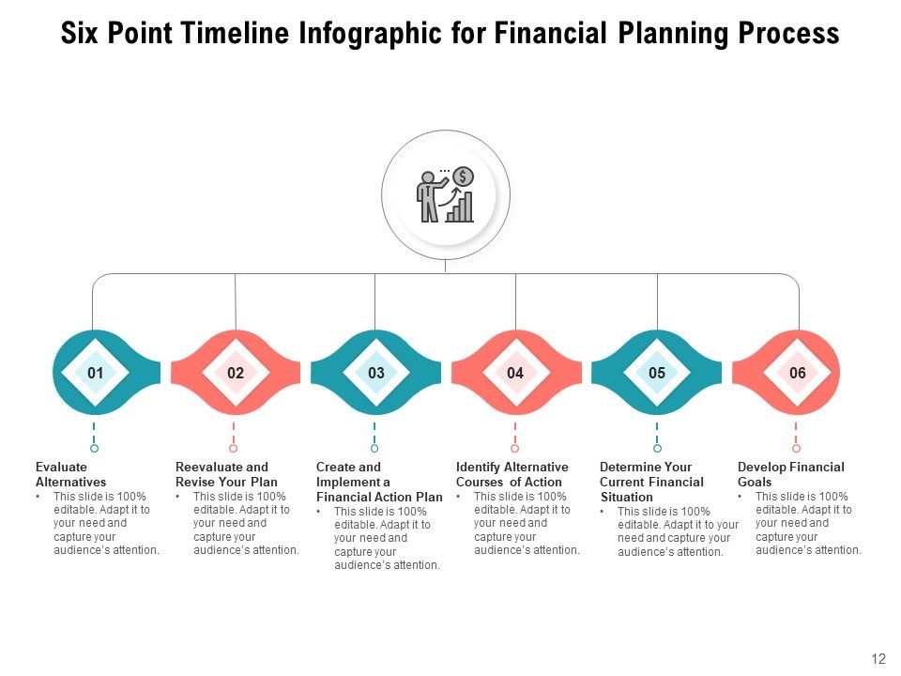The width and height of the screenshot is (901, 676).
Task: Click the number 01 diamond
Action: click(95, 373)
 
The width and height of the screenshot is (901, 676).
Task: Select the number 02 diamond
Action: click(235, 373)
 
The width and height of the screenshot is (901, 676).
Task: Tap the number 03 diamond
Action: click(375, 373)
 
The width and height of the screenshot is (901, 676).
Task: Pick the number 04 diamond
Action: click(515, 373)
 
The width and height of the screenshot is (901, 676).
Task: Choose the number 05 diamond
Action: click(656, 373)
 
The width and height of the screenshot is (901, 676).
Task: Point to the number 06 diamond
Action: click(797, 373)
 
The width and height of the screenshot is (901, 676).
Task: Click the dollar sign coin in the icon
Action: click(463, 177)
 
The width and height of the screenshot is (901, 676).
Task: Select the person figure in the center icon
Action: click(429, 197)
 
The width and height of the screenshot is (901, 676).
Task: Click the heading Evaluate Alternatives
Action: click(70, 474)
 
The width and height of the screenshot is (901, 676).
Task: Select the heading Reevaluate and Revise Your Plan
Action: click(221, 474)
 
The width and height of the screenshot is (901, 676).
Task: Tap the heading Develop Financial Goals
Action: click(790, 474)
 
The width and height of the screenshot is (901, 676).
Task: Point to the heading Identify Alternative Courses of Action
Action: click(512, 474)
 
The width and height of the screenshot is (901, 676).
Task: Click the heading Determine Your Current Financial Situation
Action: click(651, 482)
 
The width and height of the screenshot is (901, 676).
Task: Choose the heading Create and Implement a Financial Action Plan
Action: click(378, 482)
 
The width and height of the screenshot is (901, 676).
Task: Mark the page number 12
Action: click(878, 659)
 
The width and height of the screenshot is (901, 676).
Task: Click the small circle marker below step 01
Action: click(94, 449)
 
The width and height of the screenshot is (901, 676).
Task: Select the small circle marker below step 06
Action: click(796, 449)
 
